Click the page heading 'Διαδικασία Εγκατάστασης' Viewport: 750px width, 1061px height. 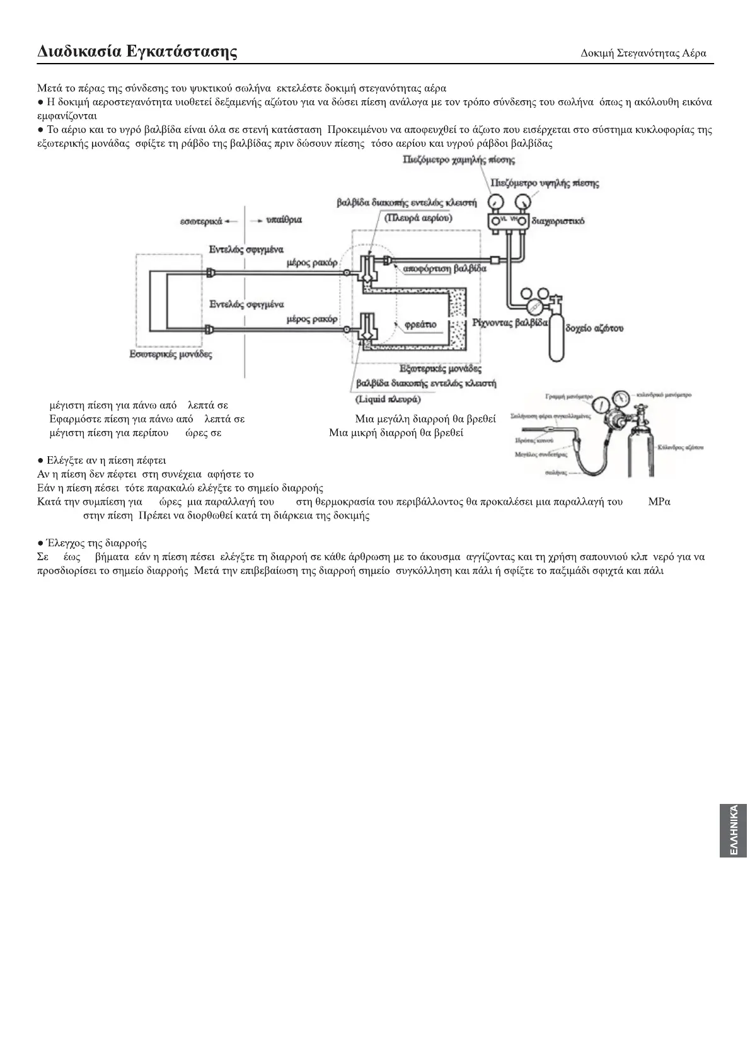point(137,51)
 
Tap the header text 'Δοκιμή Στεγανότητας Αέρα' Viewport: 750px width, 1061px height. point(643,54)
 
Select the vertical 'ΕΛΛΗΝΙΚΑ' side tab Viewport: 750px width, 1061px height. point(732,830)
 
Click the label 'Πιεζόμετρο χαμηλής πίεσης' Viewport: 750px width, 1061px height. point(458,160)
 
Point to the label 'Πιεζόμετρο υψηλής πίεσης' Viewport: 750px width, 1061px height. point(545,183)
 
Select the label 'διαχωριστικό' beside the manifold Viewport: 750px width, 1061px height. point(558,221)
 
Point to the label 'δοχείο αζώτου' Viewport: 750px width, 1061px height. point(594,328)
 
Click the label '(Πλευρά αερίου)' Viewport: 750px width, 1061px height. point(418,217)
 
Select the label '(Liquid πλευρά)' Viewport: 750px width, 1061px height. point(388,399)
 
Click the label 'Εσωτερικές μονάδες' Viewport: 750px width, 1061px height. point(171,354)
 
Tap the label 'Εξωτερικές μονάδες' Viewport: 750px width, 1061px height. point(441,369)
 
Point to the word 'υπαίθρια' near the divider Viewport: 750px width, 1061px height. point(284,220)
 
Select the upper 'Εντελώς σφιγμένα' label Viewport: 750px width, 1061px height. point(246,249)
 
